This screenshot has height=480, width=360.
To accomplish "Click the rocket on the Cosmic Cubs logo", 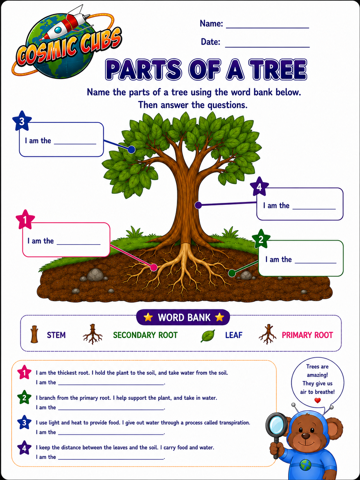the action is point(66,25).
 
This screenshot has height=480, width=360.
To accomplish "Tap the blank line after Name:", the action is point(267,28).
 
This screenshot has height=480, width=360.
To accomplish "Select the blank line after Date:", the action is point(267,47).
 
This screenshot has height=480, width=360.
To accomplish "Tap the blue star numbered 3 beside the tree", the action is point(22,121).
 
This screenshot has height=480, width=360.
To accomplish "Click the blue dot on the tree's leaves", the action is point(131,150).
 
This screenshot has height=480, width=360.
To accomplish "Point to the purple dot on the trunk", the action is point(198,205).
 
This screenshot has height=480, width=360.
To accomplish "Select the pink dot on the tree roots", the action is point(154,267).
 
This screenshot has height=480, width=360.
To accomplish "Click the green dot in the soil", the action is point(232,273).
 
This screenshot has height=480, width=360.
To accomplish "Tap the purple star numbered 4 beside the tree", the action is point(259,187).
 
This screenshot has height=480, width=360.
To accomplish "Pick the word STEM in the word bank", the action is point(56,335).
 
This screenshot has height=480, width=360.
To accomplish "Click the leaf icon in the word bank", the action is point(208,336).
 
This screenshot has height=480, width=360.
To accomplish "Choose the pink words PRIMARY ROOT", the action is point(307,335).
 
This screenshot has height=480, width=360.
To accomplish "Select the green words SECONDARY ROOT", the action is point(145,335).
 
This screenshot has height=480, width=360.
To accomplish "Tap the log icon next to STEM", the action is point(34,334).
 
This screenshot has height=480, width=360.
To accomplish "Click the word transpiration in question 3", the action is point(235,423).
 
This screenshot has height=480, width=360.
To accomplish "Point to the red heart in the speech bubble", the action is point(317,400).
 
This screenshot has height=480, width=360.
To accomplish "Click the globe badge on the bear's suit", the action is point(306,464).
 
